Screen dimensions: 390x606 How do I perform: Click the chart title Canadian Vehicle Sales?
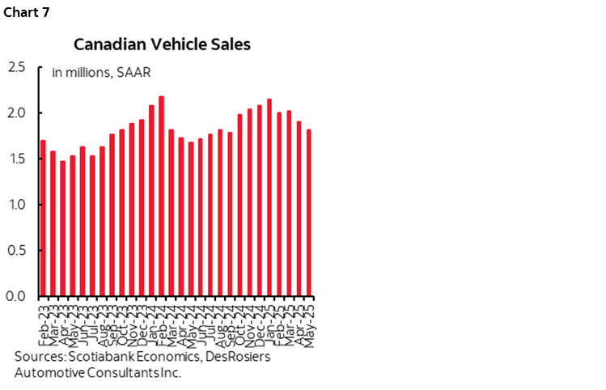point(162,45)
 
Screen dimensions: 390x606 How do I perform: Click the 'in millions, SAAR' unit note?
point(100,72)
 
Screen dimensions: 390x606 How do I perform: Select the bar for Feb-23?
point(43,218)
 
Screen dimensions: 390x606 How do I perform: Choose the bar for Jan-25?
point(269,197)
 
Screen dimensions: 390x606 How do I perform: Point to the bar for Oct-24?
point(240,206)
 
